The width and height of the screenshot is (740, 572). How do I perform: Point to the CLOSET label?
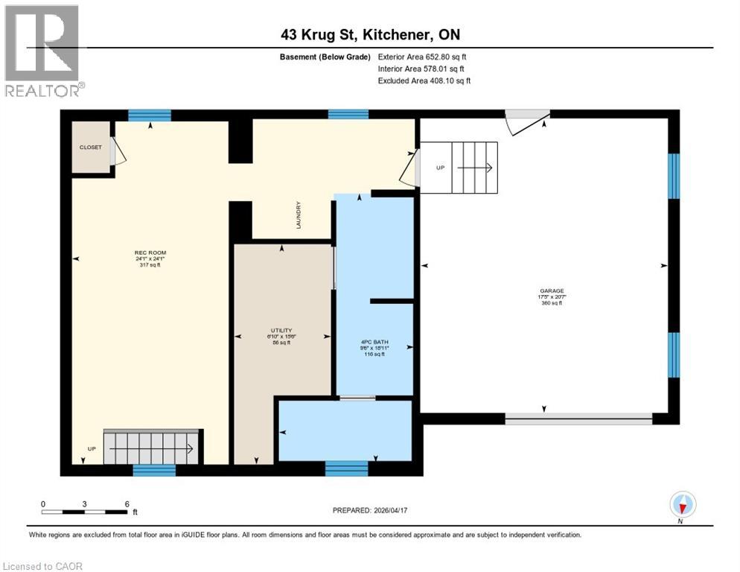(90, 147)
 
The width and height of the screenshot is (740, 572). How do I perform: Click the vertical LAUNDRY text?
(298, 215)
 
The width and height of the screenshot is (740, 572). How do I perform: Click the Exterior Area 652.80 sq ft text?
(422, 57)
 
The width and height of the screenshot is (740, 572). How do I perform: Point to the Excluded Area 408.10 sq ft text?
(424, 80)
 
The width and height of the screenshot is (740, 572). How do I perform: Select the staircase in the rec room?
(152, 447)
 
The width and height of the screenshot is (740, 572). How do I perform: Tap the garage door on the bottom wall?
(578, 419)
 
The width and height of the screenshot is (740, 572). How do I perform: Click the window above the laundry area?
(348, 114)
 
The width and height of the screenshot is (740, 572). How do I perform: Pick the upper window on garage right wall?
(673, 176)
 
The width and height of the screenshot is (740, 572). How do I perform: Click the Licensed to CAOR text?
(42, 566)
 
